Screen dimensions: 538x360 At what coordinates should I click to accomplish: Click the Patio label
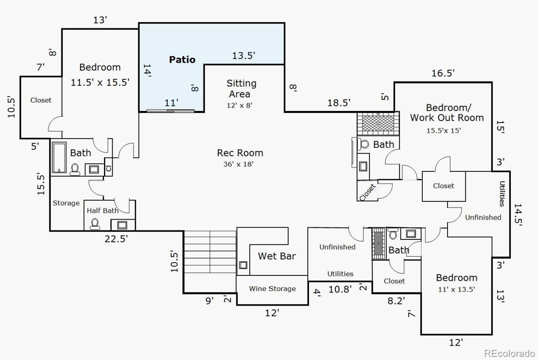coord(182,59)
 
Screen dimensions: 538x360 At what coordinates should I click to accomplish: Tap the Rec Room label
coord(240,153)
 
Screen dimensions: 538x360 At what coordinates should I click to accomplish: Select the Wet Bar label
coord(277,256)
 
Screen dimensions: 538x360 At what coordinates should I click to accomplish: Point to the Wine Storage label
coord(272,289)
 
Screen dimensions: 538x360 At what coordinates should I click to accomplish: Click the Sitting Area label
coord(241,88)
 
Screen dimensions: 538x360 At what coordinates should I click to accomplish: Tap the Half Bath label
coord(102,211)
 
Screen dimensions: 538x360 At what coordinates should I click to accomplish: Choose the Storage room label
coord(66,203)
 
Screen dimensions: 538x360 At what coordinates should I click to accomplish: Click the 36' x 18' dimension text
coord(238,164)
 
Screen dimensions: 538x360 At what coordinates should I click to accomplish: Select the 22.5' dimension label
coord(116,239)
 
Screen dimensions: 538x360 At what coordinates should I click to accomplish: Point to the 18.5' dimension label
coord(339,103)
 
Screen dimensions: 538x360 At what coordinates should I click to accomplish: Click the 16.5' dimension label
coord(443,73)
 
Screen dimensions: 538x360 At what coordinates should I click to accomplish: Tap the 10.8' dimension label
coord(340,289)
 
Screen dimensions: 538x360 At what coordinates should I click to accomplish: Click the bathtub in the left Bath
coord(59,157)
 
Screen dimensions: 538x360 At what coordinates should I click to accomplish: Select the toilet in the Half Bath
coord(95,224)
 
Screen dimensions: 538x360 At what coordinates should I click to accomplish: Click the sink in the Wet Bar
coord(243,265)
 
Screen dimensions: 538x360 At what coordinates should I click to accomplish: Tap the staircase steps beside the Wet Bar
coord(210,252)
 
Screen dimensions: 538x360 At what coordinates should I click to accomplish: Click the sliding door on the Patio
coord(170,111)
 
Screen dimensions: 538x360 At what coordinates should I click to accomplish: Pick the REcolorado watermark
coord(509,353)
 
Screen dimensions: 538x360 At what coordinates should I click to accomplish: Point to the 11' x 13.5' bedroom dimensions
coord(456,289)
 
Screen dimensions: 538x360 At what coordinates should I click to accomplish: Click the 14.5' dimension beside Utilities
coord(518,215)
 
